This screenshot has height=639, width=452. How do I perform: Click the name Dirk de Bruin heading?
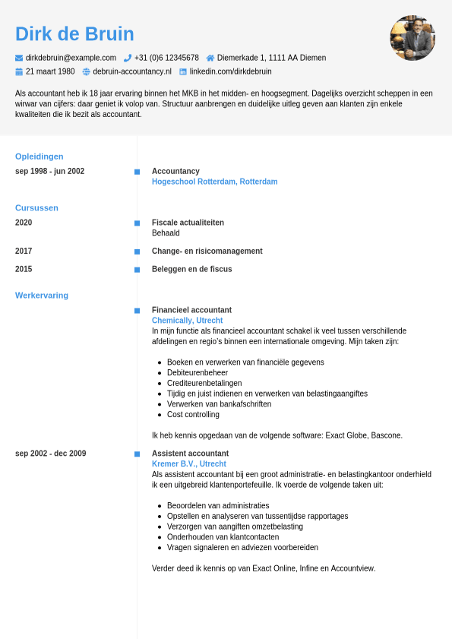pyautogui.click(x=74, y=34)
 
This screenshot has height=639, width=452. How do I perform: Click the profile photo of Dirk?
pyautogui.click(x=412, y=38)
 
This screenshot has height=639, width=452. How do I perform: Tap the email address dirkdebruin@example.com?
pyautogui.click(x=71, y=58)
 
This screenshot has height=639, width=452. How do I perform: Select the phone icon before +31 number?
pyautogui.click(x=128, y=58)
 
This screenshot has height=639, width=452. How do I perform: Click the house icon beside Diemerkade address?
pyautogui.click(x=210, y=58)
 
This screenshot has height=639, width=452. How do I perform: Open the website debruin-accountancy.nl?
pyautogui.click(x=132, y=71)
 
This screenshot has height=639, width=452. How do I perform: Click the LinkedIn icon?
pyautogui.click(x=183, y=71)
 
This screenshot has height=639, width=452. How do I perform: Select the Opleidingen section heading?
pyautogui.click(x=40, y=157)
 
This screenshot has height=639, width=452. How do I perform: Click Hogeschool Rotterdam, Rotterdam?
pyautogui.click(x=214, y=182)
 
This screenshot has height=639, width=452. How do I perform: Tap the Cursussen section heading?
pyautogui.click(x=36, y=207)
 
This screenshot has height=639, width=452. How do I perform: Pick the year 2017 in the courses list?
pyautogui.click(x=24, y=251)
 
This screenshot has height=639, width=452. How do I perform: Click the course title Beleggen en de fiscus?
pyautogui.click(x=191, y=269)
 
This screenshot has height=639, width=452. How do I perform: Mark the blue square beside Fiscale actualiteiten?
pyautogui.click(x=137, y=223)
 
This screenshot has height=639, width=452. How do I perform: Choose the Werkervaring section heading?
pyautogui.click(x=42, y=295)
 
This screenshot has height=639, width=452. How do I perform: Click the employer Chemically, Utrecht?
pyautogui.click(x=187, y=321)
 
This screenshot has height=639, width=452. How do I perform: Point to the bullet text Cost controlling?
pyautogui.click(x=193, y=414)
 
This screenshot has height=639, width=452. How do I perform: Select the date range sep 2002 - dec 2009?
pyautogui.click(x=50, y=454)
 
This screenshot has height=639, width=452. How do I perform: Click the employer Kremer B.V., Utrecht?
pyautogui.click(x=188, y=463)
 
